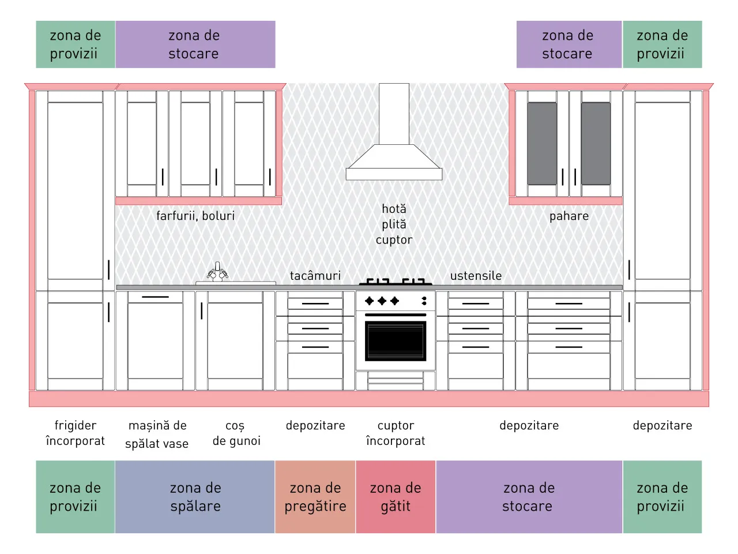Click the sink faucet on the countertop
click(217, 272)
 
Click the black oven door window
click(396, 340)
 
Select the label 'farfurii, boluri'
click(195, 216)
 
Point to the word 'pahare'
click(569, 216)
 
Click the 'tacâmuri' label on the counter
click(315, 276)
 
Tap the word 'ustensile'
click(476, 276)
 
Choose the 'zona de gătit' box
click(396, 496)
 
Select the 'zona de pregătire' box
click(315, 496)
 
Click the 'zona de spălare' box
click(195, 496)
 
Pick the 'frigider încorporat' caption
click(76, 433)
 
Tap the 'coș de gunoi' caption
click(236, 433)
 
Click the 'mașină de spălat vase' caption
click(157, 435)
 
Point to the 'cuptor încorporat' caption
click(396, 433)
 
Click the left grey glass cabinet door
click(542, 144)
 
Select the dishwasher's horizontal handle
click(155, 297)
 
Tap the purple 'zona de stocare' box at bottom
click(529, 496)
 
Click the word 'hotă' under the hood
click(394, 209)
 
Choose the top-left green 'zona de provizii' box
click(76, 44)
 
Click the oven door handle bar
click(396, 315)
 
